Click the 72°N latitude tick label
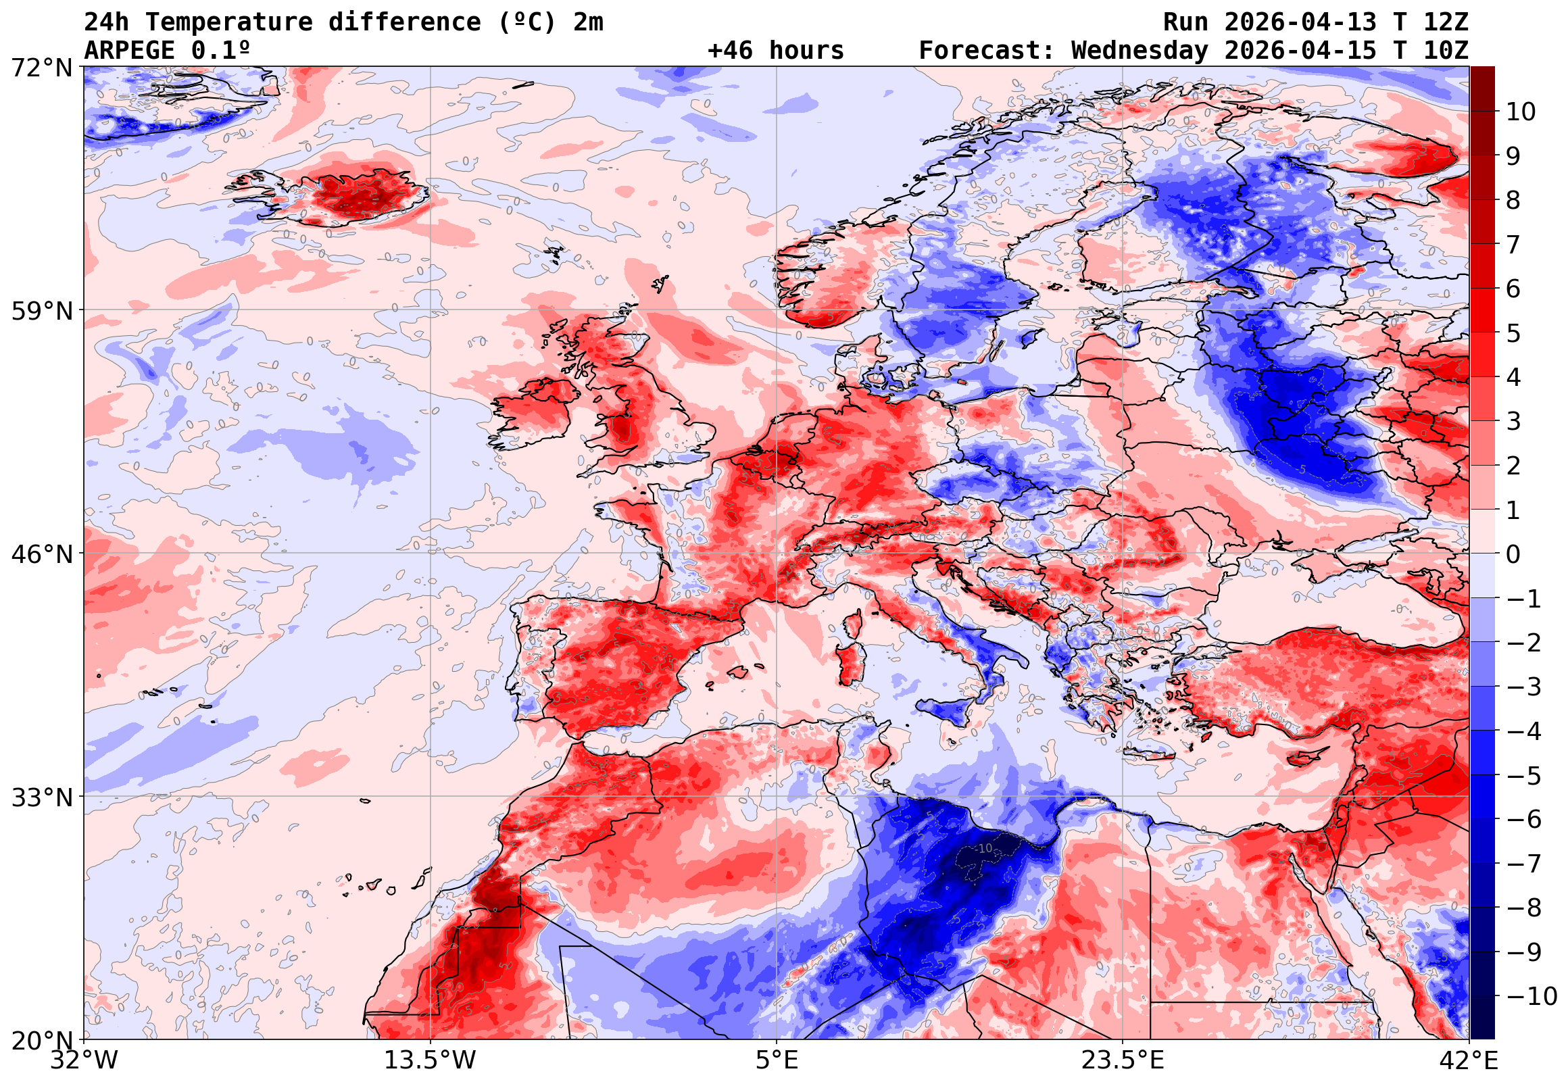41,68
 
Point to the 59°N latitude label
41,311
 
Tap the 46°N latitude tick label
41,554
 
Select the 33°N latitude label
41,797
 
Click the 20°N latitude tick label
41,1040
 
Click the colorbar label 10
1521,112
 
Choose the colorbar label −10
1532,996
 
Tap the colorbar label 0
1513,554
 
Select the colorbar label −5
1524,776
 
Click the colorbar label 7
1513,245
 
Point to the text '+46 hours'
775,51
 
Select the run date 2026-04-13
1300,22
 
